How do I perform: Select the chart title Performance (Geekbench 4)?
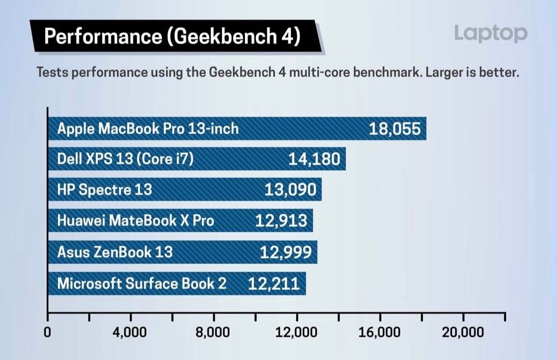[x=172, y=37]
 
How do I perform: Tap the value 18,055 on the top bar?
[x=394, y=129]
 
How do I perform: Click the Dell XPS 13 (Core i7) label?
[x=125, y=160]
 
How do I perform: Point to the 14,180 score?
[x=314, y=160]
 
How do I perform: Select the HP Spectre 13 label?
[x=104, y=190]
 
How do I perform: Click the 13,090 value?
[x=290, y=190]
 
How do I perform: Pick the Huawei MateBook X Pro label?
[x=136, y=221]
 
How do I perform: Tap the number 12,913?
[x=281, y=221]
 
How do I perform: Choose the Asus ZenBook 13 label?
[x=115, y=252]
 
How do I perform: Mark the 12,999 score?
[x=286, y=252]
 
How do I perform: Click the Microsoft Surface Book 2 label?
[x=142, y=284]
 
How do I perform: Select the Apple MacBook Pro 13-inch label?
[x=148, y=129]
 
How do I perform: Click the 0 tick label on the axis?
[x=48, y=333]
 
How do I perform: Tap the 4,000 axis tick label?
[x=130, y=333]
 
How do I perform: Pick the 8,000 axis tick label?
[x=213, y=333]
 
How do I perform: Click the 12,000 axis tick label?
[x=296, y=333]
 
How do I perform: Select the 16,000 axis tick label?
[x=380, y=333]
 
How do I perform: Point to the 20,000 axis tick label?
[x=463, y=333]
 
